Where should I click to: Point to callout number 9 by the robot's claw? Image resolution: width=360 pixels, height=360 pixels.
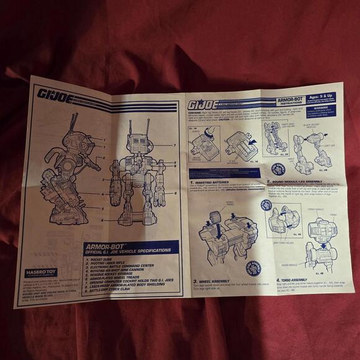176,193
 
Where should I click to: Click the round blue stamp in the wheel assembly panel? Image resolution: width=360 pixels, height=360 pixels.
254,268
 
